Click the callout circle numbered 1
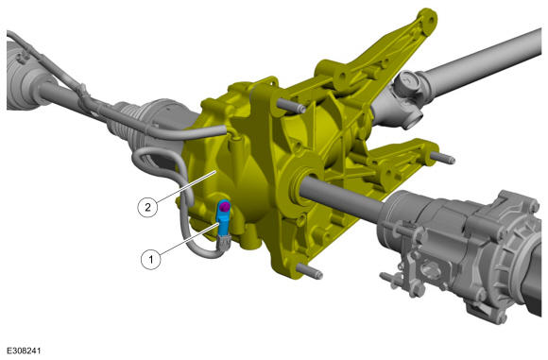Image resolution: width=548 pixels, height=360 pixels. coord(151,259)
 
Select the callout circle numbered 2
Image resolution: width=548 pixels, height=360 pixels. coord(147,207)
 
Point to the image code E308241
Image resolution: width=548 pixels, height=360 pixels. coord(24,351)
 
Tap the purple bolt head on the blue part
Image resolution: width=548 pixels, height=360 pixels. coord(225,208)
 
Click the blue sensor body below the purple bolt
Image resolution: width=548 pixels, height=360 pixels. coord(223,218)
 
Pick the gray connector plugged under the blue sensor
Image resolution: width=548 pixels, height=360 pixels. coord(223,241)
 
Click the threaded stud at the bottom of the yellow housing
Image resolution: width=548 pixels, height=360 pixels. coord(309,271)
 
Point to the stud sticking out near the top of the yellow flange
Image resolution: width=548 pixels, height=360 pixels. coord(291,105)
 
